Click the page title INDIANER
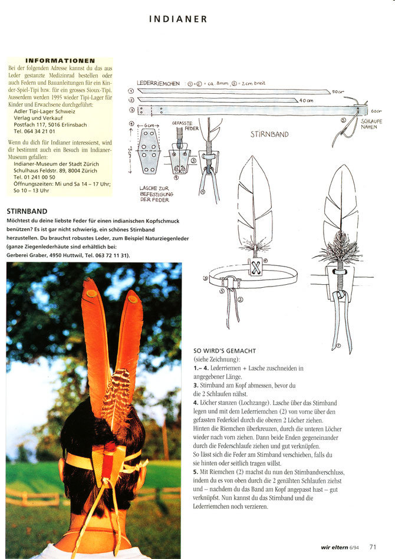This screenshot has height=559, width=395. pyautogui.click(x=178, y=19)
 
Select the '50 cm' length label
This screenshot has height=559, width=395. pyautogui.click(x=338, y=93)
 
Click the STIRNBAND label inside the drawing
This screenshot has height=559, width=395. pyautogui.click(x=269, y=134)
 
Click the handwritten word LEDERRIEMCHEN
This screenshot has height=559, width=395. pyautogui.click(x=158, y=84)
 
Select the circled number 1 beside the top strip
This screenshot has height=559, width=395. pyautogui.click(x=130, y=91)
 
